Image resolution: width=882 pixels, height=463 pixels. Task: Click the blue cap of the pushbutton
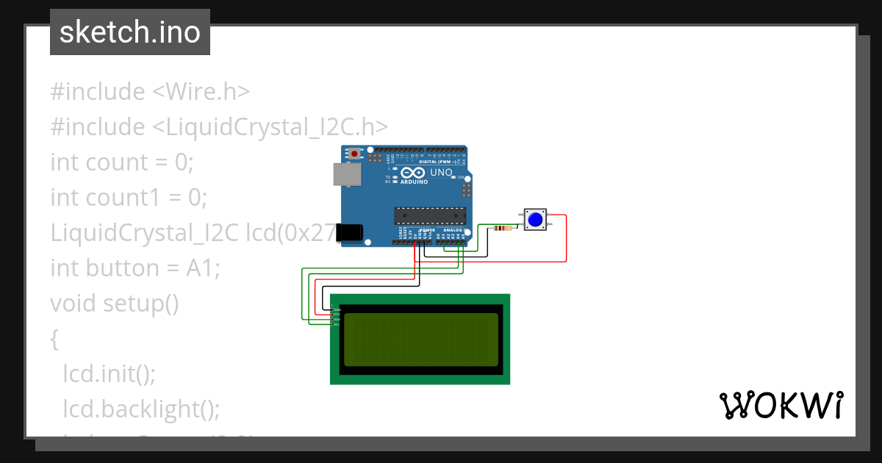click(535, 220)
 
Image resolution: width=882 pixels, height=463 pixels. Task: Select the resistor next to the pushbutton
click(503, 228)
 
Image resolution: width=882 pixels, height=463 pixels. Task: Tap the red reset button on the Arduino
click(356, 154)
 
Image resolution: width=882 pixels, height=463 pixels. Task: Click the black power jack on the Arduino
click(349, 233)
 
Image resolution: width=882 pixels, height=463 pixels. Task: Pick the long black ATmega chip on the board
click(430, 215)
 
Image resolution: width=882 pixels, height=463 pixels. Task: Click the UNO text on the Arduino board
click(441, 173)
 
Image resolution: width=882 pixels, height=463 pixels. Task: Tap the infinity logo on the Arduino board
click(413, 173)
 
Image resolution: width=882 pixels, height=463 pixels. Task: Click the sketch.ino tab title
click(130, 32)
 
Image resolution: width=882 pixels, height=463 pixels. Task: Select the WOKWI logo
click(781, 405)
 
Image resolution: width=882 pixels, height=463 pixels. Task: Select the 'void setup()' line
click(115, 303)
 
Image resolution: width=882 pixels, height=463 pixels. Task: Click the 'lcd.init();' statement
click(110, 373)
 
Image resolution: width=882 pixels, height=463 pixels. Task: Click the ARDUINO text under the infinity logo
click(414, 182)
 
